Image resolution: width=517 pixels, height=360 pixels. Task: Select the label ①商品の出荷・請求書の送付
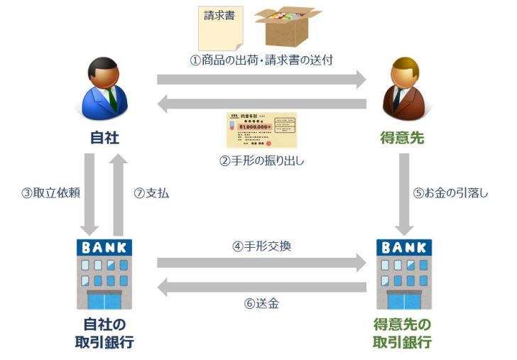261,60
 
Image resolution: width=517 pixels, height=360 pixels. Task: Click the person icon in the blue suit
106,89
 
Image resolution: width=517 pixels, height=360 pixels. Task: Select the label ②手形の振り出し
261,160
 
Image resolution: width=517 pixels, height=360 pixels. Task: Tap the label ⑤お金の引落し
450,193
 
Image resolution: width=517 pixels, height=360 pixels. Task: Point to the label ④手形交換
261,246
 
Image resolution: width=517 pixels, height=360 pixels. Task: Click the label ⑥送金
261,304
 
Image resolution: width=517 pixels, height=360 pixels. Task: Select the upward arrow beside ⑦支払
119,194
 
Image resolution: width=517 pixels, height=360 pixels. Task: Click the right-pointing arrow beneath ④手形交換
261,263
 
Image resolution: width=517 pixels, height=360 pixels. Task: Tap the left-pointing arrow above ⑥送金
261,287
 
